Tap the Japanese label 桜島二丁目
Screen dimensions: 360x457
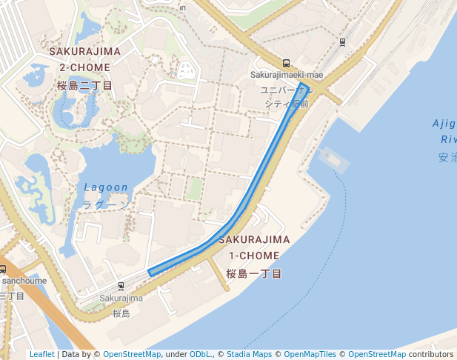tap(85, 86)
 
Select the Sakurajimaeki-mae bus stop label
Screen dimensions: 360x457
tap(287, 75)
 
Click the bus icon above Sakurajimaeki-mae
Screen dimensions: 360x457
tap(287, 64)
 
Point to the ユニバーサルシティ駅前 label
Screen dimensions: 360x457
tap(286, 96)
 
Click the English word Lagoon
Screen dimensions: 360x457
tap(106, 187)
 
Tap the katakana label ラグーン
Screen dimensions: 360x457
tap(106, 204)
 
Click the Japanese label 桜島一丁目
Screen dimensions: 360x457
tap(254, 274)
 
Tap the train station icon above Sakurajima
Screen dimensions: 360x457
tap(121, 286)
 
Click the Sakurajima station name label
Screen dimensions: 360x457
tap(121, 299)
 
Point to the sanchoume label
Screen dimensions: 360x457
tap(24, 281)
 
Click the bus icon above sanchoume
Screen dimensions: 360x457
tap(3, 270)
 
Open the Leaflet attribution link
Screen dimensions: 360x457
tap(41, 354)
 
